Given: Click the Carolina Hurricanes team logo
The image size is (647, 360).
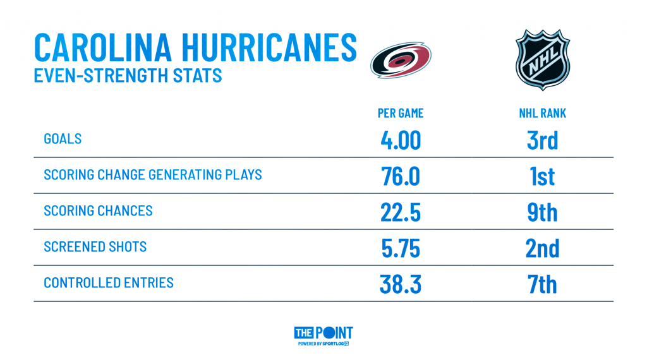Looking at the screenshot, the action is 401,60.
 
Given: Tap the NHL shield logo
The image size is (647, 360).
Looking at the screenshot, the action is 543,60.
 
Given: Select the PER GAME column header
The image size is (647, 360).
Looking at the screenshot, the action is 401,114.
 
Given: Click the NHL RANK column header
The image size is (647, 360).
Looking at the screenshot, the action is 543,114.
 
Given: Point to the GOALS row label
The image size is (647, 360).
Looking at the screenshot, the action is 63,139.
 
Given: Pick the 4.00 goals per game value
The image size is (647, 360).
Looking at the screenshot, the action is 401,140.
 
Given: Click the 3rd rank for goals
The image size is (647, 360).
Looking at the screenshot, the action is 543,140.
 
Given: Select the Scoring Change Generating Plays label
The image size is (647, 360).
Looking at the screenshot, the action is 153,175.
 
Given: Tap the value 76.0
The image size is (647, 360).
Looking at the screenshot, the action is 401,176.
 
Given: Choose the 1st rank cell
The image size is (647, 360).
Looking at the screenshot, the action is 543,176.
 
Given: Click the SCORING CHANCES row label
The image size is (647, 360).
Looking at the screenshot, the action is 98,211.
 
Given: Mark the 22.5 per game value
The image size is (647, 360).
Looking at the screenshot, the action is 401,212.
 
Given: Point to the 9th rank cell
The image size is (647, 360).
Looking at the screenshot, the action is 543,212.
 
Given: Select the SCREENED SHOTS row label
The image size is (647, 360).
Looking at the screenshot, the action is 95,246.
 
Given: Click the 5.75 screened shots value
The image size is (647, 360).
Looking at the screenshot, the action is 401,248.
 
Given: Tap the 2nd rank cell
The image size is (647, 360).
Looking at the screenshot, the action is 543,248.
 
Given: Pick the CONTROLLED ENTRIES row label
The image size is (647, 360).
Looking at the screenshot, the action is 109,283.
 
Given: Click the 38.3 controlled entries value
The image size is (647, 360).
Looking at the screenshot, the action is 401,285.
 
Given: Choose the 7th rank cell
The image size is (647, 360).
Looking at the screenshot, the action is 543,285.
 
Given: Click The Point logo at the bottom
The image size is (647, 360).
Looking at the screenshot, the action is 323,335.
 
